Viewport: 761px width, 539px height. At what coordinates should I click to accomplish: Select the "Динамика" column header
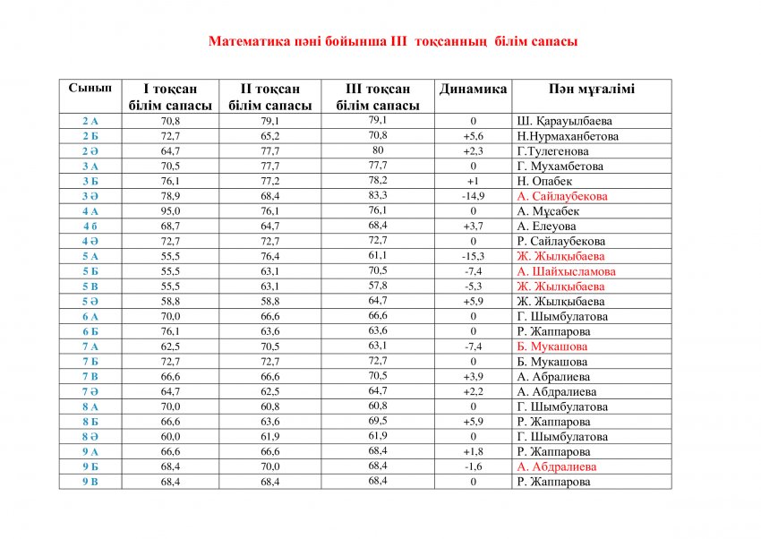[x=473, y=90]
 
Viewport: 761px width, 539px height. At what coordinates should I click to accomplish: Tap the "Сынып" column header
[x=90, y=88]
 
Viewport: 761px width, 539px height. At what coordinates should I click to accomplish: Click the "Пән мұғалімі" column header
[x=592, y=90]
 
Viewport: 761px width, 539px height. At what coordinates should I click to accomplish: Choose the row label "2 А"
[x=90, y=121]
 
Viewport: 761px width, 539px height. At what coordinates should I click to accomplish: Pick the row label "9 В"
[x=90, y=482]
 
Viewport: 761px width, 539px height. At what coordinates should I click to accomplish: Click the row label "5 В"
[x=90, y=287]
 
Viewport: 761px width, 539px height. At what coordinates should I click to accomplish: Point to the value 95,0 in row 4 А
[x=170, y=211]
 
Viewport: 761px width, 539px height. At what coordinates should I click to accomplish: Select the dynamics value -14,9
[x=473, y=196]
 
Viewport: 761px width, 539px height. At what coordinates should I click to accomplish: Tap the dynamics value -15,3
[x=473, y=256]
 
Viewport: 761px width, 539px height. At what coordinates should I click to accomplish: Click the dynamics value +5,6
[x=473, y=136]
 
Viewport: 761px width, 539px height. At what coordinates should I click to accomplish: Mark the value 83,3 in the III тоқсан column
[x=378, y=195]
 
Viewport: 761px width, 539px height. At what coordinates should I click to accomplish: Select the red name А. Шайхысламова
[x=566, y=271]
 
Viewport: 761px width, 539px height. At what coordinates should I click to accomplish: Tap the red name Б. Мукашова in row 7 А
[x=552, y=346]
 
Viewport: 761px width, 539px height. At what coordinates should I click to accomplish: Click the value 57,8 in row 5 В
[x=378, y=286]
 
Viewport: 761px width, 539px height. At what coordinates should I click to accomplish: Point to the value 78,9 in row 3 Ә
[x=170, y=196]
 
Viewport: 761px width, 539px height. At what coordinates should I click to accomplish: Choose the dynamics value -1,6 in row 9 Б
[x=473, y=466]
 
